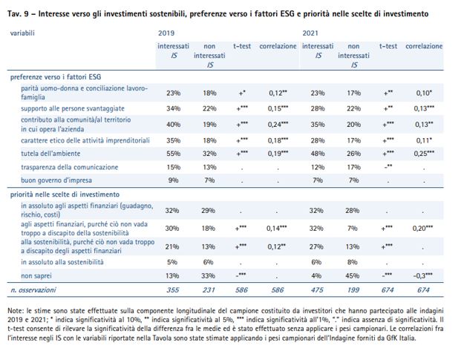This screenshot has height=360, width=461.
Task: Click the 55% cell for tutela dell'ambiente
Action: point(173,154)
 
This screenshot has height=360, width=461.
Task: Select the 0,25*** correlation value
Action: point(424,153)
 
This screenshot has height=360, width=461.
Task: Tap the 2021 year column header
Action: point(310,33)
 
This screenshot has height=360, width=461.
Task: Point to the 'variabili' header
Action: point(22,33)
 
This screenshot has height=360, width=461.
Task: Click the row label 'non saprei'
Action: point(36,275)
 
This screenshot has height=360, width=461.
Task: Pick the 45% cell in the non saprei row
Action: point(352,275)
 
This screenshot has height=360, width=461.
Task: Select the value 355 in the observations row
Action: point(172,289)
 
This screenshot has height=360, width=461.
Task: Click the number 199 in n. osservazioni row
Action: point(353,289)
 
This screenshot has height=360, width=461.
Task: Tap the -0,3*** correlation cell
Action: point(423,275)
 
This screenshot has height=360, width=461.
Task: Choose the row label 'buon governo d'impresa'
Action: point(56,180)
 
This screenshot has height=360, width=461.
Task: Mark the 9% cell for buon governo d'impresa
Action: point(173,180)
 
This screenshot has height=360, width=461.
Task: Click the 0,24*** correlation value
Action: point(278,124)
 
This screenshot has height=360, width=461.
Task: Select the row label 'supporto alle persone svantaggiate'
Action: point(73,108)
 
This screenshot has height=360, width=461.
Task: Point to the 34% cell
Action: point(173,108)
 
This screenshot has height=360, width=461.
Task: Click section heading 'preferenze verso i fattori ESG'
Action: point(56,77)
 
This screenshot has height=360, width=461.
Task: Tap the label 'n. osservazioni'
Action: point(33,289)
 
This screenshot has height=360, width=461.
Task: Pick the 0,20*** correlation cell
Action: point(422,228)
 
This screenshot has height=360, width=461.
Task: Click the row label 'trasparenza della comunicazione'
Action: point(69,167)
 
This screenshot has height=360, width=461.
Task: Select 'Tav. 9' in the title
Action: point(18,14)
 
